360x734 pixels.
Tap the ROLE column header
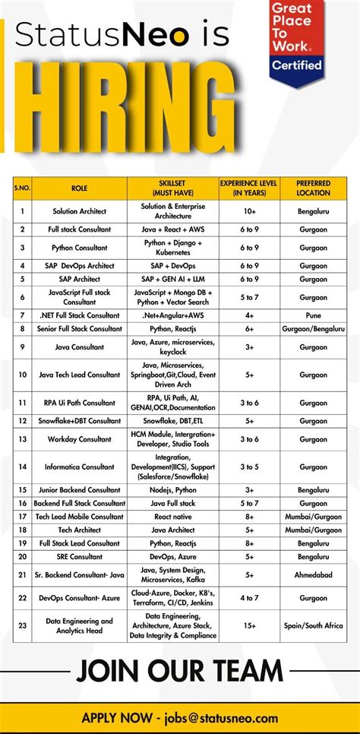point(80,188)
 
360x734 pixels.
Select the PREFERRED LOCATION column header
point(313,188)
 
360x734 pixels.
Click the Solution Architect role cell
point(80,211)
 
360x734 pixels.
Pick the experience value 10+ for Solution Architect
point(250,211)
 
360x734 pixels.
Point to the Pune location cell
point(313,315)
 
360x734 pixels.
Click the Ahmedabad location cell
point(313,576)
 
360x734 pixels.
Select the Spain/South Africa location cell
point(313,625)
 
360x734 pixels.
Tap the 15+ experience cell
point(250,625)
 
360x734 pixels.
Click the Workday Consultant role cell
point(80,439)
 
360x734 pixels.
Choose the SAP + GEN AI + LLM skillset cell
point(173,279)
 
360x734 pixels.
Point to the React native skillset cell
point(173,516)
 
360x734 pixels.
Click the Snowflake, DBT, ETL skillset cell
point(173,420)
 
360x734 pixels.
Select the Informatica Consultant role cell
point(80,467)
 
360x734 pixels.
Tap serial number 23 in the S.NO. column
point(23,625)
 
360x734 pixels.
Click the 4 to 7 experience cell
point(250,598)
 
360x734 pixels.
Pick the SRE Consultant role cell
point(80,557)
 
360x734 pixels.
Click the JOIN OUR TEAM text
point(179,670)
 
